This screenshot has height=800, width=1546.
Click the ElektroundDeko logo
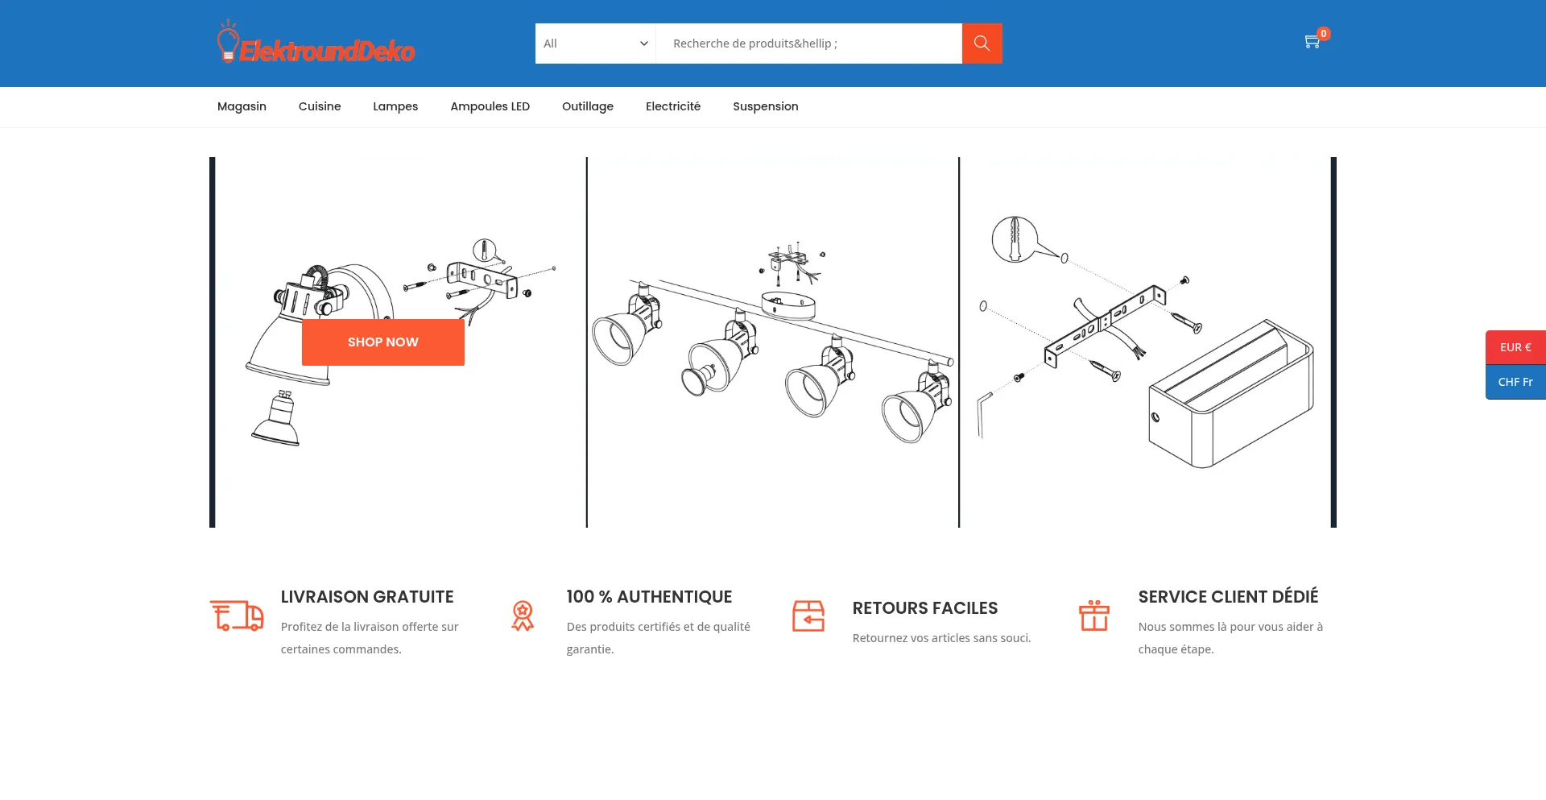pos(316,42)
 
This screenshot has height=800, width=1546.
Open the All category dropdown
pos(596,44)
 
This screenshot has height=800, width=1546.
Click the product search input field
pos(808,44)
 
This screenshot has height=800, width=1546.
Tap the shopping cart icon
pos(1312,41)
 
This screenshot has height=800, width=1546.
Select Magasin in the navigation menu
pos(242,106)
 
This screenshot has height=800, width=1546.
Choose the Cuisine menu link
pos(320,106)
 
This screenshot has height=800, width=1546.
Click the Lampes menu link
pos(395,106)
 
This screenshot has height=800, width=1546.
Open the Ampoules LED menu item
pos(490,106)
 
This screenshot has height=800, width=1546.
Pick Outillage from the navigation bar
pos(588,106)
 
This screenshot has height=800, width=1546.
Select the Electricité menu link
pos(673,106)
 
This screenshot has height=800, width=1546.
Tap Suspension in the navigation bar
pos(766,106)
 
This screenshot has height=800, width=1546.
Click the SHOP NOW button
pos(383,342)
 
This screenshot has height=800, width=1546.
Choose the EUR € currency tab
pos(1515,347)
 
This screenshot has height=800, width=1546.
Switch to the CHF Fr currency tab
pos(1515,382)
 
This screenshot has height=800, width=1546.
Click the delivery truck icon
pos(237,616)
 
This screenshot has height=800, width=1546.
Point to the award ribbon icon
pos(523,616)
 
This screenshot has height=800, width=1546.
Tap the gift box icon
pos(1094,616)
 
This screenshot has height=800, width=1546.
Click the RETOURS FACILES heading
pos(925,608)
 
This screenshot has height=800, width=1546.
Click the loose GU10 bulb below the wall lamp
pos(276,418)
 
